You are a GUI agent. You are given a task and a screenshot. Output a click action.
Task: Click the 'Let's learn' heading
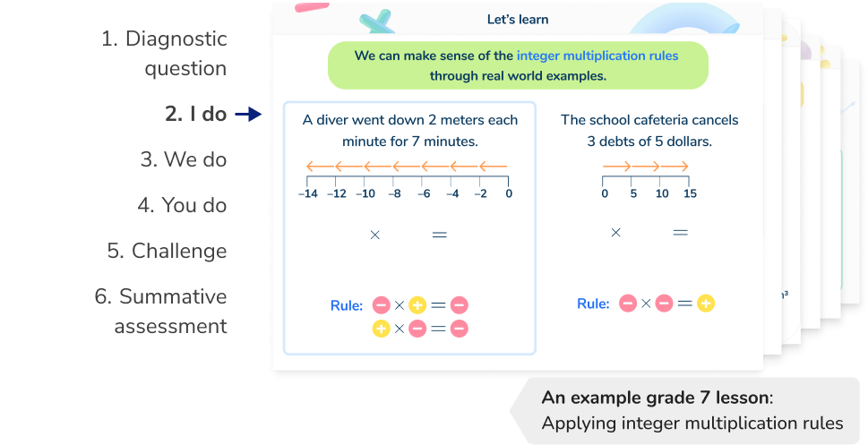(517, 20)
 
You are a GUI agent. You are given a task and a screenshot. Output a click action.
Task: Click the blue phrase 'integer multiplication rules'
(597, 56)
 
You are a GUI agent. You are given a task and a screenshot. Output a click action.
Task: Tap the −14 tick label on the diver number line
(309, 193)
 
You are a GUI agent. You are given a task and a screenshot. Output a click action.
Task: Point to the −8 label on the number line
(395, 193)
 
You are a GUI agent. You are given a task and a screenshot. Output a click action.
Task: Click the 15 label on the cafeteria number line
(689, 193)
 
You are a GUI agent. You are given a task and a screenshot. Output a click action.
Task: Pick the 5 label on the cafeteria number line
(633, 193)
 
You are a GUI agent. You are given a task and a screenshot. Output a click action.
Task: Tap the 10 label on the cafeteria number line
(661, 193)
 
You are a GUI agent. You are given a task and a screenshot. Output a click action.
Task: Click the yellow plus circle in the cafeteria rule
(706, 304)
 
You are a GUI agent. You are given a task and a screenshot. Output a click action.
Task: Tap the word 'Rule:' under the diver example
(346, 306)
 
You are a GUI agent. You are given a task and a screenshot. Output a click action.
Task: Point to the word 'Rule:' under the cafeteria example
(593, 304)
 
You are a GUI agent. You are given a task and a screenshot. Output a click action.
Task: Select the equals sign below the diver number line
(439, 235)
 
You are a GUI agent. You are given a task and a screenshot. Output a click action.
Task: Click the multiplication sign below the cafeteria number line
(615, 233)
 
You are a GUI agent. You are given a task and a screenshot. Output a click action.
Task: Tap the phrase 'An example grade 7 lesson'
(655, 398)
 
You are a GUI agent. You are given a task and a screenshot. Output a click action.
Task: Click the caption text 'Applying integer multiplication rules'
(692, 423)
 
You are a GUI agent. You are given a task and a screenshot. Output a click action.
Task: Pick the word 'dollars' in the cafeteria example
(686, 141)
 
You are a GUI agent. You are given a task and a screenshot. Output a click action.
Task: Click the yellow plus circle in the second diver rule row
(380, 329)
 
